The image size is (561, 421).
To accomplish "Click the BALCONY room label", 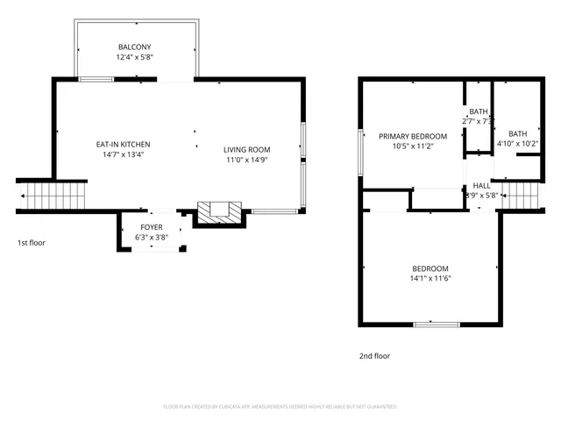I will [x=135, y=46].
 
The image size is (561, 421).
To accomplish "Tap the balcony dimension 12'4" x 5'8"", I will [x=135, y=57].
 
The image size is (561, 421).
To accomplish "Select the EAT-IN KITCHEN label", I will [x=123, y=144].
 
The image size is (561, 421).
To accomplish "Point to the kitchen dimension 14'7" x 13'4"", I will [x=123, y=154].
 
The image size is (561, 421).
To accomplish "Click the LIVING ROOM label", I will [x=246, y=150].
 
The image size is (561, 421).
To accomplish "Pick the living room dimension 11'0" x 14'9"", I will [x=246, y=161].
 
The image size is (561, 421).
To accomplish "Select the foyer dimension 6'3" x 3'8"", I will [x=152, y=238].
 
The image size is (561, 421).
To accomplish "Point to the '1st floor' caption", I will [x=31, y=242].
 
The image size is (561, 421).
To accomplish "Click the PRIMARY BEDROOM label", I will [x=412, y=136].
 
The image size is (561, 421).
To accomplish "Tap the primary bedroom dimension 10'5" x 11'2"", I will [x=412, y=146].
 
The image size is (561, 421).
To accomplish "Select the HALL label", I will [x=481, y=186].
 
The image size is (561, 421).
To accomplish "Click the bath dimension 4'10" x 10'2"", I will [x=518, y=143].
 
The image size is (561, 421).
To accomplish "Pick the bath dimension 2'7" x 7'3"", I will [x=479, y=121].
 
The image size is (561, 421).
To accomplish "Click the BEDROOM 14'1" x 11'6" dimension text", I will [x=430, y=279].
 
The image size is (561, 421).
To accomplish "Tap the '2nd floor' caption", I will [x=374, y=356].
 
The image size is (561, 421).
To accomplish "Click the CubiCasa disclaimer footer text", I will [x=280, y=407].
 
